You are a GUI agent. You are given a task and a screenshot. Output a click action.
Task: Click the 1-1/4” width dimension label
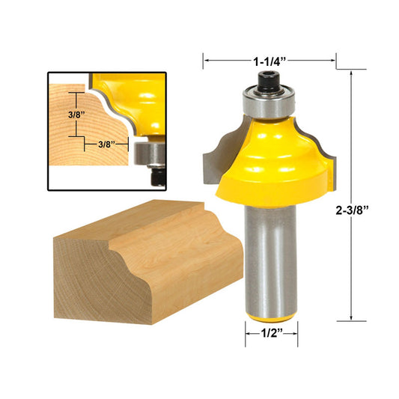pyautogui.click(x=269, y=60)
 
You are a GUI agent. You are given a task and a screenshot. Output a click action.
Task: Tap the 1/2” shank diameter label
pyautogui.click(x=271, y=335)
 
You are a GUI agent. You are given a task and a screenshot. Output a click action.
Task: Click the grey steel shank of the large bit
pyautogui.click(x=271, y=255)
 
